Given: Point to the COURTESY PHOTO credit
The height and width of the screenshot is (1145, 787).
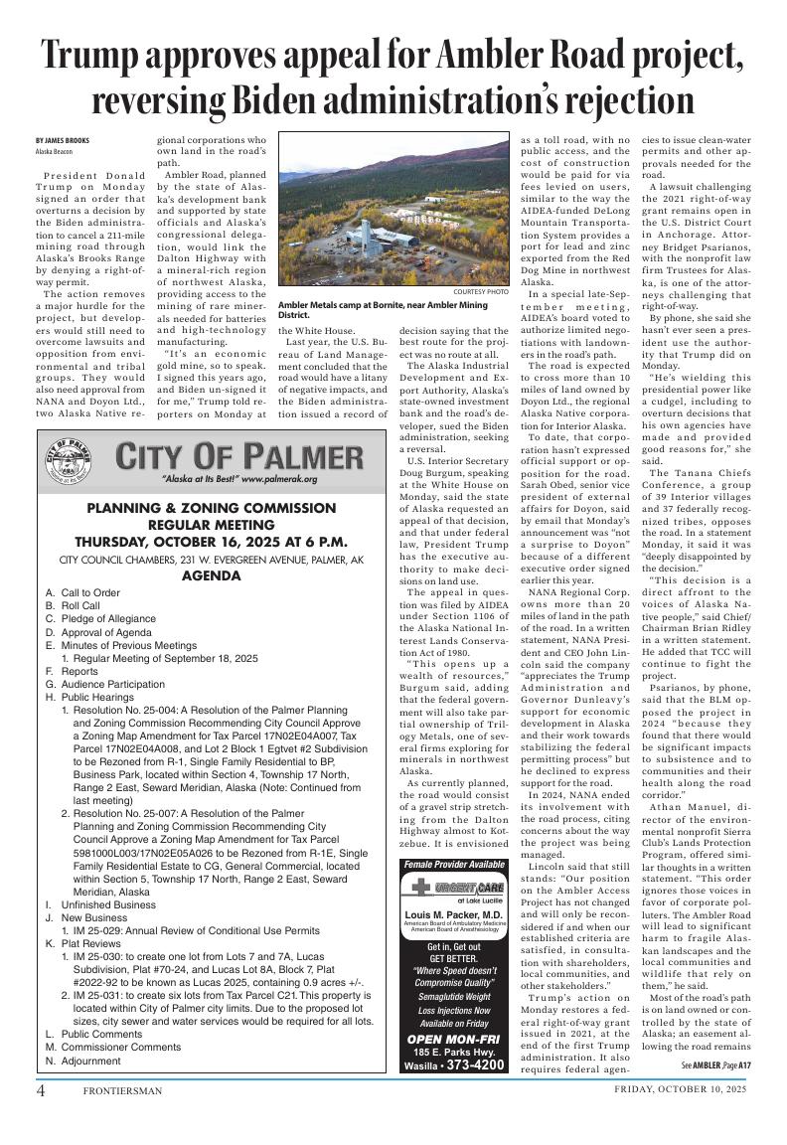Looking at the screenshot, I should click(x=480, y=292).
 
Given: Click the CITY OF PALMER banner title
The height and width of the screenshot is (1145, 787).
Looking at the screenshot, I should click(x=239, y=458).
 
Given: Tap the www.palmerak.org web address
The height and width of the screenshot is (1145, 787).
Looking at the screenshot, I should click(x=279, y=479).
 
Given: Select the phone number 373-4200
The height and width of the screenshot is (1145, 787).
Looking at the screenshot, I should click(x=474, y=1064).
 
